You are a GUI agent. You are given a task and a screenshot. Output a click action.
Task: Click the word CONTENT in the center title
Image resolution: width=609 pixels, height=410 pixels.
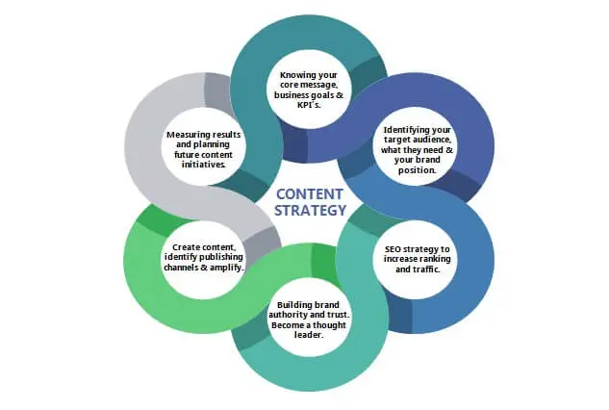(x=309, y=192)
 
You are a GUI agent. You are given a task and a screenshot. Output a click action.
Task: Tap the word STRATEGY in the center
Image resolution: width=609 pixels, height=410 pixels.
(x=309, y=209)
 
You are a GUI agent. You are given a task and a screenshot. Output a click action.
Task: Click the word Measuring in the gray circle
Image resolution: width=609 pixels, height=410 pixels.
(x=190, y=134)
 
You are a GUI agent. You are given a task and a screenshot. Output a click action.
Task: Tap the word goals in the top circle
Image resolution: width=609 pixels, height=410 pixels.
(x=321, y=95)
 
